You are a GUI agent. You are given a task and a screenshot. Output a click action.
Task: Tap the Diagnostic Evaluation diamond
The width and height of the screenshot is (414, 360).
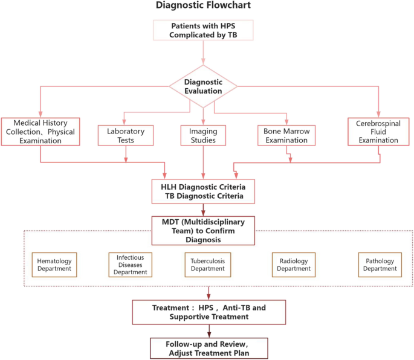203,86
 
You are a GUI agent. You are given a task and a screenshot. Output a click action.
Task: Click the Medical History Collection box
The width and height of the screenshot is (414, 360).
40,131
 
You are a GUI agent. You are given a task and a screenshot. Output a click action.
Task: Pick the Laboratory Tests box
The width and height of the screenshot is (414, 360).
126,135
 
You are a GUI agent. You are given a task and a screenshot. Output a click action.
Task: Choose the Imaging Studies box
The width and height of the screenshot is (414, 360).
203,135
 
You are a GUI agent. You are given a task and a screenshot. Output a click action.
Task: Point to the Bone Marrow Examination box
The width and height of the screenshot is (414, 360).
286,135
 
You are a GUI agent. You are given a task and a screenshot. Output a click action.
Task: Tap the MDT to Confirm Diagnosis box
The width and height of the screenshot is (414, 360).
203,230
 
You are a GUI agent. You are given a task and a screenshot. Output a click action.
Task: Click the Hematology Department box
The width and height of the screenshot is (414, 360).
54,265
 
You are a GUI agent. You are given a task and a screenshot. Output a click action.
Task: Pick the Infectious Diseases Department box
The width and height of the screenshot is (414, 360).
131,265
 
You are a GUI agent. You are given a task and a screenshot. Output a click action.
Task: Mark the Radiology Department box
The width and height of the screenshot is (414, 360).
294,265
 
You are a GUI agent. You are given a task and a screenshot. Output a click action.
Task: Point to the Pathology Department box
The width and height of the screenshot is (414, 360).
379,265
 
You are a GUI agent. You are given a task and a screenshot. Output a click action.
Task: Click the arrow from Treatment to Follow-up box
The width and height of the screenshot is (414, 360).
209,330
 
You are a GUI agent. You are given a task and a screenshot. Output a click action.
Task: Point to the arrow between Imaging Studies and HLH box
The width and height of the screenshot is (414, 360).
203,162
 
